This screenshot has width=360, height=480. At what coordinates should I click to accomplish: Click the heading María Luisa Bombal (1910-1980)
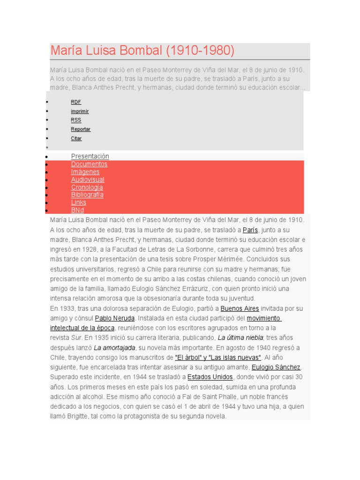tap(142, 51)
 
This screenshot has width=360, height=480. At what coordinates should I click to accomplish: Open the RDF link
tap(76, 102)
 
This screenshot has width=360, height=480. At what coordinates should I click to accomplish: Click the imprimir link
tap(80, 111)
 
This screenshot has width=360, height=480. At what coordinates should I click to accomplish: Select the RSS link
tap(76, 120)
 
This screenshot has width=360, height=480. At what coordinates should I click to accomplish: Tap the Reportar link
tap(81, 129)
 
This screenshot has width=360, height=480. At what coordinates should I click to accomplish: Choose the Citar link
tap(76, 138)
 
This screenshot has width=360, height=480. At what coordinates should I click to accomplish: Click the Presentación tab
tap(90, 156)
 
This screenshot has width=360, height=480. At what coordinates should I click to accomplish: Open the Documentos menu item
tap(89, 164)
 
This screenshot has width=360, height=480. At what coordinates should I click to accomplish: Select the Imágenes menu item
tap(85, 172)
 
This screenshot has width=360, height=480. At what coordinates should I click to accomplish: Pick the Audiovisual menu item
tap(88, 180)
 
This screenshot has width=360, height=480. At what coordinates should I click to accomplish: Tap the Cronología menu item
tap(87, 187)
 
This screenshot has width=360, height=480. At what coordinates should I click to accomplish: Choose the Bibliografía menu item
tap(87, 195)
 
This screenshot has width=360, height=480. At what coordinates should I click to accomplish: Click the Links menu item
tap(79, 202)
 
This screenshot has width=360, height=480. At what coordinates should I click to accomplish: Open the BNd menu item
tap(77, 210)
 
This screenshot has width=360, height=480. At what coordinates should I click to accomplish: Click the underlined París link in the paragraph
tap(250, 230)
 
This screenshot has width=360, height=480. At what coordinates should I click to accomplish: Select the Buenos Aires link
tap(240, 308)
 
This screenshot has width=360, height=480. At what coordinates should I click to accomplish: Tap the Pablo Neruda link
tap(115, 318)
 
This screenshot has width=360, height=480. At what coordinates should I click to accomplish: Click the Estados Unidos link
tap(210, 377)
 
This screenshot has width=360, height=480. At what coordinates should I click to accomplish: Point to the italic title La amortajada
tap(114, 347)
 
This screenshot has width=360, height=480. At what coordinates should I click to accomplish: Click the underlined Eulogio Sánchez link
tap(276, 367)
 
